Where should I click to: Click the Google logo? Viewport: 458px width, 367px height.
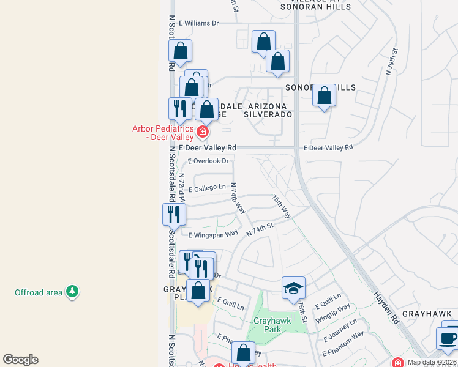[20, 360]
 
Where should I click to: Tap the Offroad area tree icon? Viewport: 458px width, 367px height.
[72, 292]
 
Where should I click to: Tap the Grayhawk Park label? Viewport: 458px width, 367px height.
[267, 325]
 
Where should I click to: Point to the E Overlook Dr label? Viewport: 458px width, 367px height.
[208, 161]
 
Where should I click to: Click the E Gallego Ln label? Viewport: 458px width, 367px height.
[207, 187]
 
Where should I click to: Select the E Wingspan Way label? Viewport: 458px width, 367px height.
[213, 234]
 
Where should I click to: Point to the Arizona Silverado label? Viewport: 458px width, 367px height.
[267, 110]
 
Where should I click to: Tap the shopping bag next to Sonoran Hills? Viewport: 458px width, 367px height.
[324, 96]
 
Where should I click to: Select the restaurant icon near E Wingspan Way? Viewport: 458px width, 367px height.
[174, 215]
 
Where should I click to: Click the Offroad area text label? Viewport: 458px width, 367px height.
[39, 292]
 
